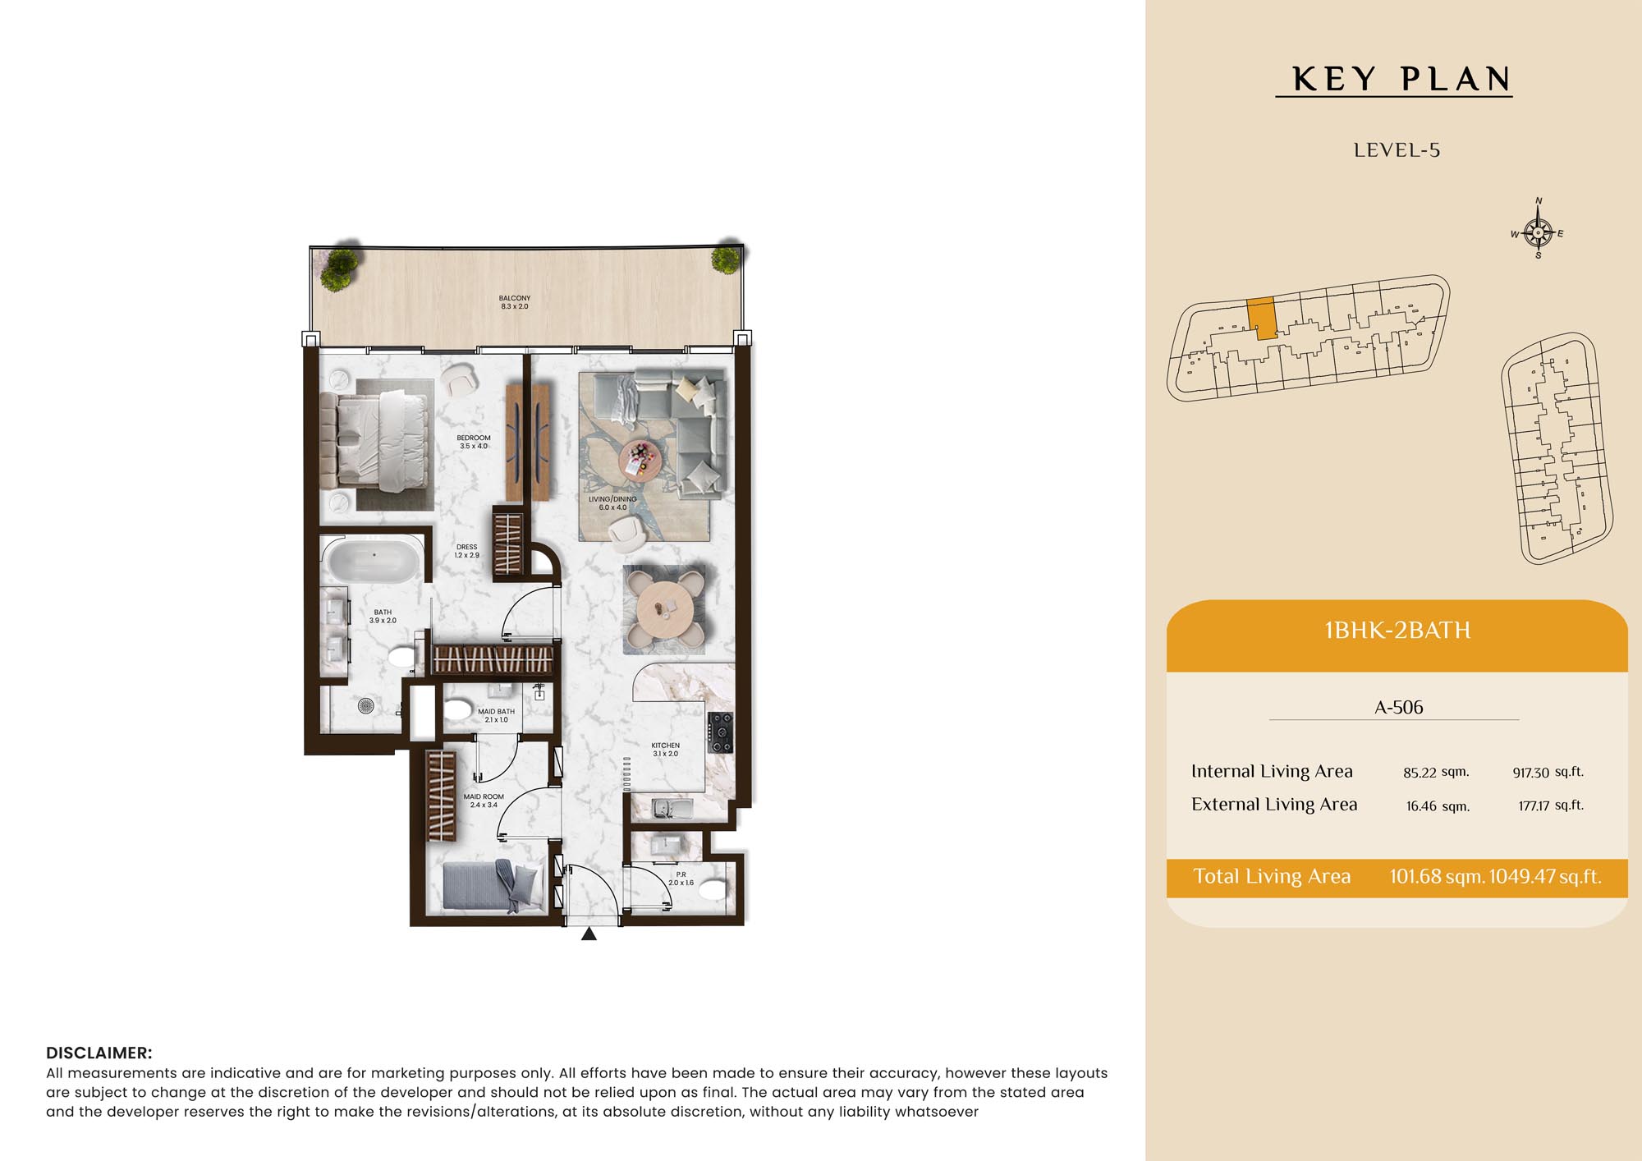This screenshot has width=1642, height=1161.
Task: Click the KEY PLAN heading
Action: (x=1401, y=79)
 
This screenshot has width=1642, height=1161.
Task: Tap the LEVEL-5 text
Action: (x=1397, y=150)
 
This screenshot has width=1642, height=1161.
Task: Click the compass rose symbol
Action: (x=1538, y=232)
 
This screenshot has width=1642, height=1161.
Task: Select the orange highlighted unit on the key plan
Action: (x=1263, y=319)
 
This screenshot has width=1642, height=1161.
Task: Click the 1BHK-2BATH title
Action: (x=1397, y=630)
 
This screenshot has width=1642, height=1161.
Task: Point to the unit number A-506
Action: (x=1399, y=707)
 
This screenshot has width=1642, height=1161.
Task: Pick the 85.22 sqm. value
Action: (x=1436, y=772)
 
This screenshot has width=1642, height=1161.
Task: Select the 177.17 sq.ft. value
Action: (x=1551, y=805)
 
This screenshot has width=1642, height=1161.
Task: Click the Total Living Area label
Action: (x=1272, y=876)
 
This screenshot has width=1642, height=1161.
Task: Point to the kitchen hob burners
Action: (x=720, y=732)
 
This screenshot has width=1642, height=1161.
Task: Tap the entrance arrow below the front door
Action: (x=589, y=934)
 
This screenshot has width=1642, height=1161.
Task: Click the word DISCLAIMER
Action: (x=99, y=1053)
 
